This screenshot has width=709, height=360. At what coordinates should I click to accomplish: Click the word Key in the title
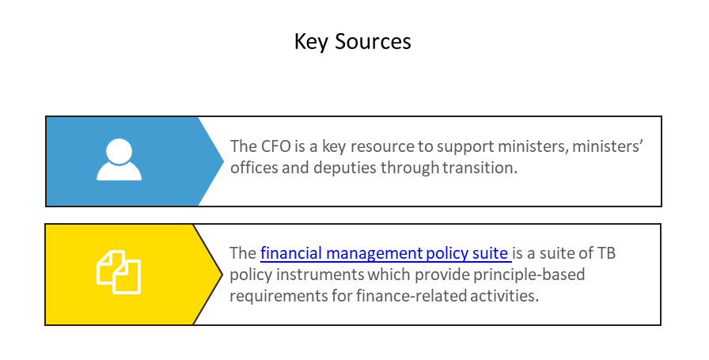[309, 41]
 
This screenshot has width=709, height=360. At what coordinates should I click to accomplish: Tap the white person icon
[119, 160]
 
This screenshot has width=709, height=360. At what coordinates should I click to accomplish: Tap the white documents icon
[119, 272]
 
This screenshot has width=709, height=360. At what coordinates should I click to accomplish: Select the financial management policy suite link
[385, 254]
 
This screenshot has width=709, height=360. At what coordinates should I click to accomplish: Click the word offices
[253, 167]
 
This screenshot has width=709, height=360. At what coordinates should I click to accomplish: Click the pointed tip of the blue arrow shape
[223, 161]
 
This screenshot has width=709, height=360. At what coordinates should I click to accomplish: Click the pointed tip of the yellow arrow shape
[222, 274]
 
